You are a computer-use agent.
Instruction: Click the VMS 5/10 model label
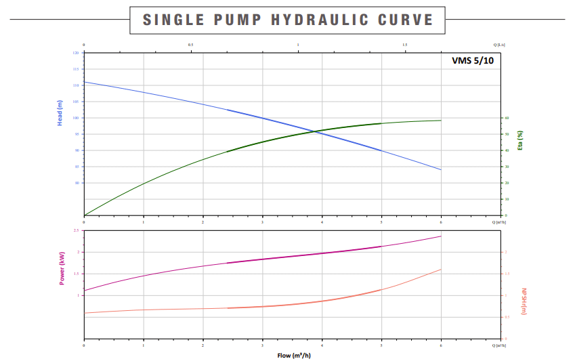(x=473, y=60)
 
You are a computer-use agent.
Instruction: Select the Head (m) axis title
(x=60, y=113)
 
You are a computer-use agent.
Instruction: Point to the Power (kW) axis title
(x=62, y=268)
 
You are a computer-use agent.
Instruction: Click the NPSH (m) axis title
(x=524, y=301)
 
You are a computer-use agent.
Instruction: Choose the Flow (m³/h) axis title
(x=294, y=355)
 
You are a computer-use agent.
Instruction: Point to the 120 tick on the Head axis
(x=75, y=53)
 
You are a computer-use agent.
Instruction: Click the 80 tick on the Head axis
(x=77, y=183)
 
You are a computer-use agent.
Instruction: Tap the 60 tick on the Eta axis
(x=506, y=118)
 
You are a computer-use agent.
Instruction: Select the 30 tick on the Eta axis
(x=506, y=167)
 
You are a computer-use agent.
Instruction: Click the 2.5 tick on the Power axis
(x=76, y=231)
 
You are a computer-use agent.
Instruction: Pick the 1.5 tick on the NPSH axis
(x=507, y=274)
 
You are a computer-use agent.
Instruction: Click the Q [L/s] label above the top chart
(x=499, y=45)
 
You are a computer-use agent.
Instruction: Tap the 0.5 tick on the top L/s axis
(x=190, y=45)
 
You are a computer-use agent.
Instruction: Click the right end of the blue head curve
(x=441, y=169)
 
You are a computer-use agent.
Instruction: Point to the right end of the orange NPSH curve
(x=441, y=270)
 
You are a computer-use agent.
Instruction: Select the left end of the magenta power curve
(x=84, y=291)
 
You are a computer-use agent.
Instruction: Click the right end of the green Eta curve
(x=441, y=121)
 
